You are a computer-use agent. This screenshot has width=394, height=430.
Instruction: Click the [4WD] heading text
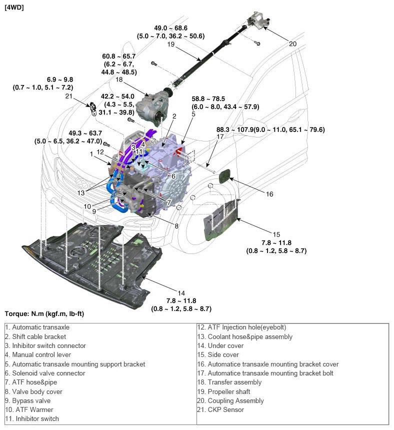14,8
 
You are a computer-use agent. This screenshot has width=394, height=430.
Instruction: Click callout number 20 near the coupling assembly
292,44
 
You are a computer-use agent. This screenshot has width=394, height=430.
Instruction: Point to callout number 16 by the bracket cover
269,193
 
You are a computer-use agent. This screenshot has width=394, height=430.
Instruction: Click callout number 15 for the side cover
276,234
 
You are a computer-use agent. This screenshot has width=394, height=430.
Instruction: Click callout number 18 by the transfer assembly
119,79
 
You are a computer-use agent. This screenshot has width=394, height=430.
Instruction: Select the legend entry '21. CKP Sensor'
220,410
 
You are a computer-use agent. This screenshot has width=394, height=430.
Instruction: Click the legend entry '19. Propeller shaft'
228,391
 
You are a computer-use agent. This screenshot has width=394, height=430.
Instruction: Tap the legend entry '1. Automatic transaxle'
37,327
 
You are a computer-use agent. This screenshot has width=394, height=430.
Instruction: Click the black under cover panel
85,260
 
